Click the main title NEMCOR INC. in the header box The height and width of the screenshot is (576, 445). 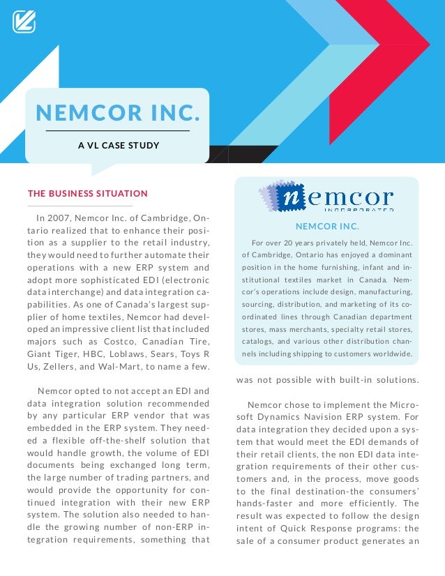tap(118, 112)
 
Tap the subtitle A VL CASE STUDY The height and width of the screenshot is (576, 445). tap(118, 146)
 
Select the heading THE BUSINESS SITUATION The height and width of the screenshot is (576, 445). tap(88, 193)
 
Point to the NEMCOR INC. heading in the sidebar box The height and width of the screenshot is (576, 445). tap(327, 227)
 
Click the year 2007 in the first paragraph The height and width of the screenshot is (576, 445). tap(61, 218)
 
